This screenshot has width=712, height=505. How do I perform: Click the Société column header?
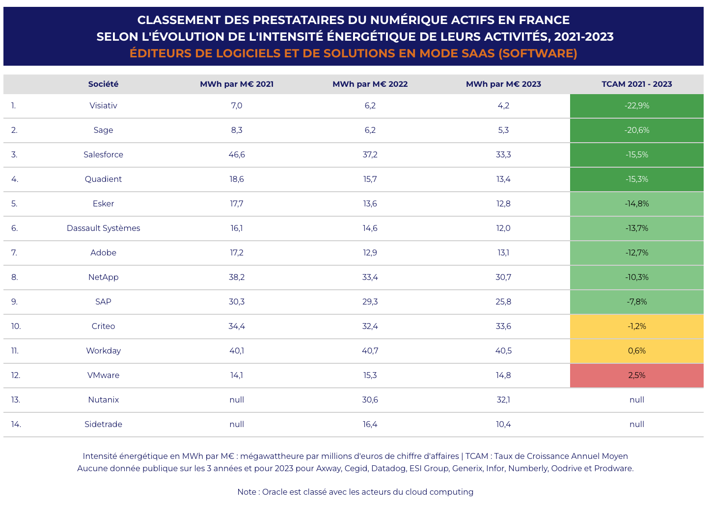point(103,84)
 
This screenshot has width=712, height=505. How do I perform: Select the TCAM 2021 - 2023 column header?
point(636,84)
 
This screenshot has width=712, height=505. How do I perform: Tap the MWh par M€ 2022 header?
point(370,84)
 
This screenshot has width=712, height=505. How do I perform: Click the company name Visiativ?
point(103,105)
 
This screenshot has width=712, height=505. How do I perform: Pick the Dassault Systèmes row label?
point(103,228)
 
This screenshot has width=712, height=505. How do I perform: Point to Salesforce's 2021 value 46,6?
point(237,154)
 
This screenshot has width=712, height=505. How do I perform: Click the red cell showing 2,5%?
point(636,375)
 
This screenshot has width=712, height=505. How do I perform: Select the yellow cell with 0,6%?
point(636,351)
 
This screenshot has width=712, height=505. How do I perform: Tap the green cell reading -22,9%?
point(636,105)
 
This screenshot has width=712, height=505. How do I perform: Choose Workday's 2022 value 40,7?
point(370,351)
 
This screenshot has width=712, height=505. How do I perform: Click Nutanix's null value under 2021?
point(237,400)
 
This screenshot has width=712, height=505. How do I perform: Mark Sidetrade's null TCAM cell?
point(636,424)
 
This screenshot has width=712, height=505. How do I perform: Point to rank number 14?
point(16,424)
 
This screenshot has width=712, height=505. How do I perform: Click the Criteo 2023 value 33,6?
point(503,326)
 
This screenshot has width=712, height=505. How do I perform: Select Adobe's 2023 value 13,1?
point(503,252)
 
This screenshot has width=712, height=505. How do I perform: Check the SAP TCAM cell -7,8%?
point(636,302)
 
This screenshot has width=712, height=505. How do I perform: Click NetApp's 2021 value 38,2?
point(237,277)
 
